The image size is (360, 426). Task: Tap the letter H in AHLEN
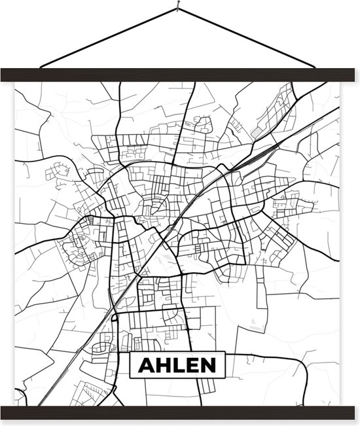click(162, 365)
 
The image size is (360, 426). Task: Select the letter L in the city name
click(178, 365)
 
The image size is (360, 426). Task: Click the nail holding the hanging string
click(177, 9)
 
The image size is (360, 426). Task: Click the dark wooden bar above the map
click(180, 75)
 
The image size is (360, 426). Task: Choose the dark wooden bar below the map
click(180, 412)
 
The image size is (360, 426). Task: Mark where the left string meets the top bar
click(41, 67)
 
